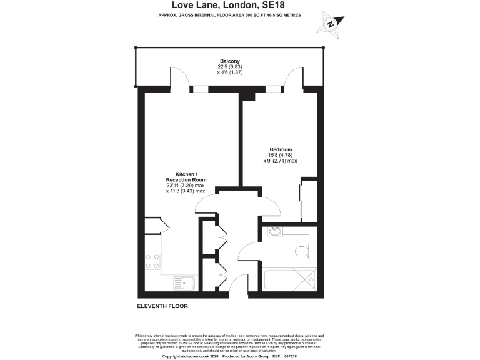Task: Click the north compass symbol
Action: [x=331, y=23]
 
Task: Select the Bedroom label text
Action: [x=280, y=149]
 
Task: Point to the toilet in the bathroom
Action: [x=302, y=251]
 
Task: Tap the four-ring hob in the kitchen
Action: [x=152, y=261]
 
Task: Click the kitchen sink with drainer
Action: [x=182, y=283]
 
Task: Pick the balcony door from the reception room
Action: [x=181, y=77]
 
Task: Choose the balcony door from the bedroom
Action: [x=290, y=77]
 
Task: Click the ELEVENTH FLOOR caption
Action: [x=162, y=306]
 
